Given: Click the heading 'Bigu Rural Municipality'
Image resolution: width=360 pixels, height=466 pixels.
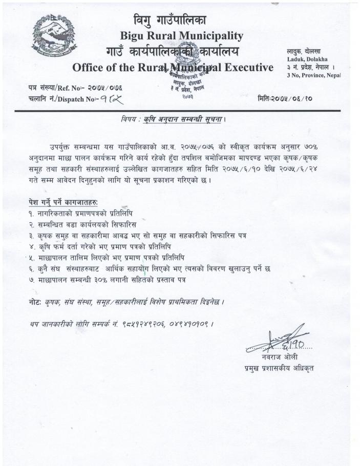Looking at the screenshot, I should point(181,36).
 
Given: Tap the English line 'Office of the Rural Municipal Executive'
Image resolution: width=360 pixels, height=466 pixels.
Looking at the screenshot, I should point(173,68).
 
